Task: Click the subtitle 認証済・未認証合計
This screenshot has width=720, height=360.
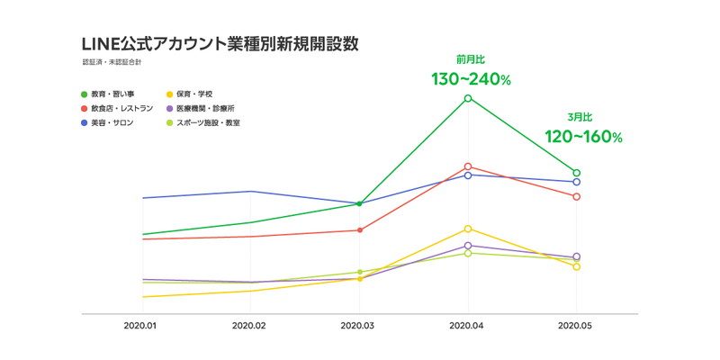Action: click(112, 63)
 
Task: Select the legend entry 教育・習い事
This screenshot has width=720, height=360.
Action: click(112, 94)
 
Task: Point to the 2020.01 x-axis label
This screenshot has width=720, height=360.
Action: click(141, 326)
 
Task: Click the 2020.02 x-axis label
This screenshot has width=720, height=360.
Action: click(250, 326)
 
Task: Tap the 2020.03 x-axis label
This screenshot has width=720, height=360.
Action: click(359, 326)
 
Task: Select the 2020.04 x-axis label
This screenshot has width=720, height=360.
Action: click(468, 326)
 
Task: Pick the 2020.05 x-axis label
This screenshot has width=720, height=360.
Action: click(576, 326)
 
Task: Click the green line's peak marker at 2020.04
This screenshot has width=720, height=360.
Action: click(468, 98)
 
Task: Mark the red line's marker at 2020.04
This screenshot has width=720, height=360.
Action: click(468, 166)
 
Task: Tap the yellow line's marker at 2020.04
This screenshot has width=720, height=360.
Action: click(468, 229)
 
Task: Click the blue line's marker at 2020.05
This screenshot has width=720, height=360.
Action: click(576, 182)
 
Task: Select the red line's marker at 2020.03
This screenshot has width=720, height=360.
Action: click(360, 230)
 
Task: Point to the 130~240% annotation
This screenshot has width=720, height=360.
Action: click(471, 80)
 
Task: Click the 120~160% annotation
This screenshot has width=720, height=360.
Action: click(583, 137)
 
